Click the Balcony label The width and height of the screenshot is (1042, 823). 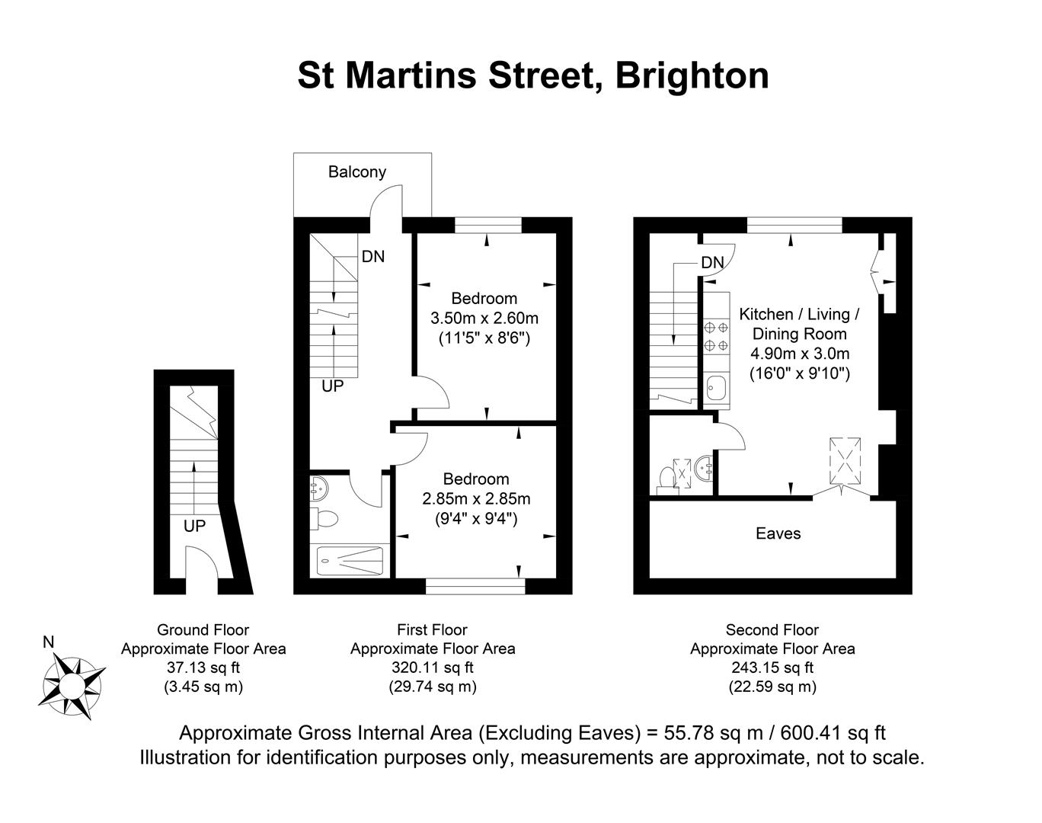pyautogui.click(x=356, y=171)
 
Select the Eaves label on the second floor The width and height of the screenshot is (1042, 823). pyautogui.click(x=778, y=533)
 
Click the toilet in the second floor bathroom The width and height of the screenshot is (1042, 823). pyautogui.click(x=666, y=479)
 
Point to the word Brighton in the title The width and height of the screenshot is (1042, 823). pyautogui.click(x=692, y=75)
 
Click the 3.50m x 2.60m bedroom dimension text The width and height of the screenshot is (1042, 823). pyautogui.click(x=484, y=318)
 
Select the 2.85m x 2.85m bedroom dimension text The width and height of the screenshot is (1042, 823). pyautogui.click(x=476, y=499)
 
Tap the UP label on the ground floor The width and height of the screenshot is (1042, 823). pyautogui.click(x=194, y=526)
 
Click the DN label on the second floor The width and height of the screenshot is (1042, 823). pyautogui.click(x=712, y=263)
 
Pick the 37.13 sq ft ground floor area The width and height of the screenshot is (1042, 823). pyautogui.click(x=203, y=668)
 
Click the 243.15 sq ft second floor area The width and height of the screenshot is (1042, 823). pyautogui.click(x=772, y=668)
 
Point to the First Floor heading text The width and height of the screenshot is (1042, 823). pyautogui.click(x=432, y=630)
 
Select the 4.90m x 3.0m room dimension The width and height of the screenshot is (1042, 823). pyautogui.click(x=799, y=354)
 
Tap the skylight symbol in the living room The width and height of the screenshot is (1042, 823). pyautogui.click(x=845, y=460)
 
